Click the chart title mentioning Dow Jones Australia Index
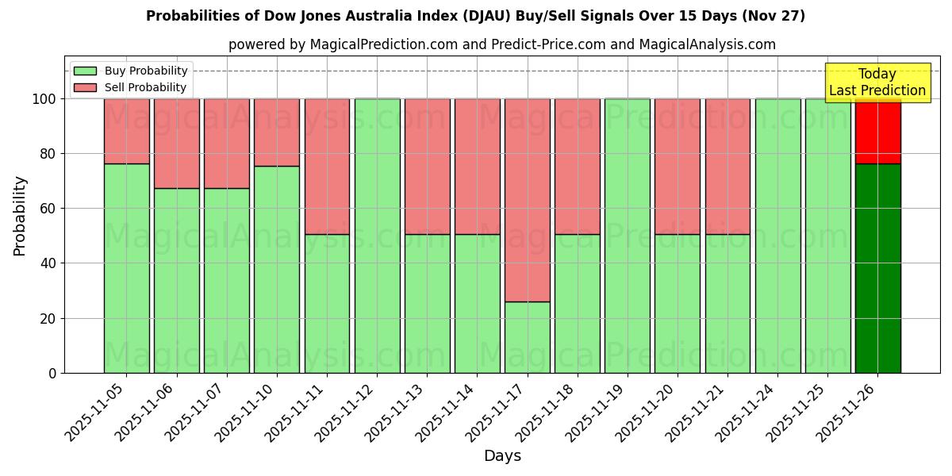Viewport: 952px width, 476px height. pyautogui.click(x=475, y=16)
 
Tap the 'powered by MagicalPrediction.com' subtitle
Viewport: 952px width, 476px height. pyautogui.click(x=501, y=44)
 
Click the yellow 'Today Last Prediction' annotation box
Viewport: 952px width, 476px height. pyautogui.click(x=877, y=83)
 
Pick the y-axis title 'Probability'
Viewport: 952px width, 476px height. pyautogui.click(x=20, y=215)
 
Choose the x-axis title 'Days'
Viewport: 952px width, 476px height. pyautogui.click(x=502, y=455)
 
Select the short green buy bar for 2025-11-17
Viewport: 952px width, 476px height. pyautogui.click(x=527, y=337)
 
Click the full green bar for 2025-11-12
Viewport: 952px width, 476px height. pyautogui.click(x=377, y=236)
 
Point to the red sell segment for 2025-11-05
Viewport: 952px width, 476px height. pyautogui.click(x=126, y=131)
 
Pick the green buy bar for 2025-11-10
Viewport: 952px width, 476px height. pyautogui.click(x=276, y=270)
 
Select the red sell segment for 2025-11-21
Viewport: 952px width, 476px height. pyautogui.click(x=727, y=167)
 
